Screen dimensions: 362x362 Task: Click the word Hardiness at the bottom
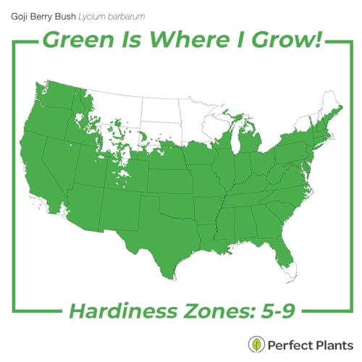coord(117,313)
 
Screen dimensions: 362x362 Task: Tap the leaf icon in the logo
coord(256,344)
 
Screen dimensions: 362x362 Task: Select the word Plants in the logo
coord(333,344)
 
